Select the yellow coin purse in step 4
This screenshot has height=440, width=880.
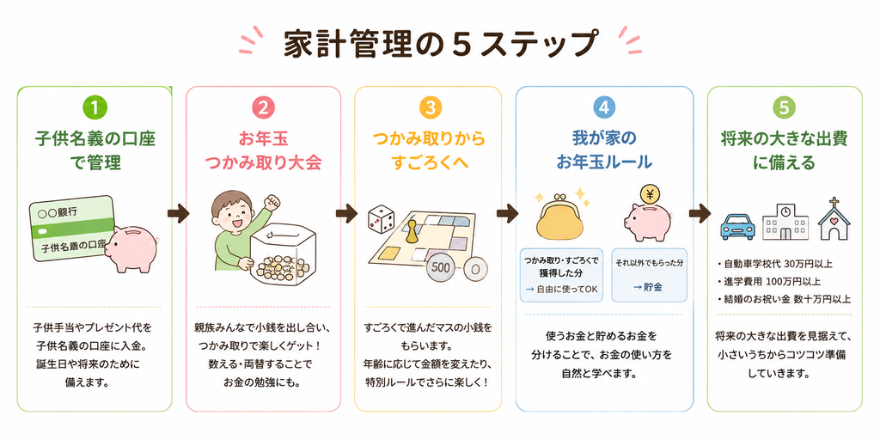(x=561, y=217)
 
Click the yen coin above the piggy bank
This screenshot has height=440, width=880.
(x=651, y=196)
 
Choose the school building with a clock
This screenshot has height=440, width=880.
(x=785, y=222)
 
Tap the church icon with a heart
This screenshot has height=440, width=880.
(x=834, y=219)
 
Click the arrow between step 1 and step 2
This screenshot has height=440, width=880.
(x=179, y=213)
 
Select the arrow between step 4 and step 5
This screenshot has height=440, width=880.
(x=700, y=213)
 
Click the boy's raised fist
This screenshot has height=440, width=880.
(x=272, y=201)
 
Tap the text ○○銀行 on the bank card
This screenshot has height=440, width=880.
(x=57, y=212)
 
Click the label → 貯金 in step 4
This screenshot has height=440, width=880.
(x=649, y=287)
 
